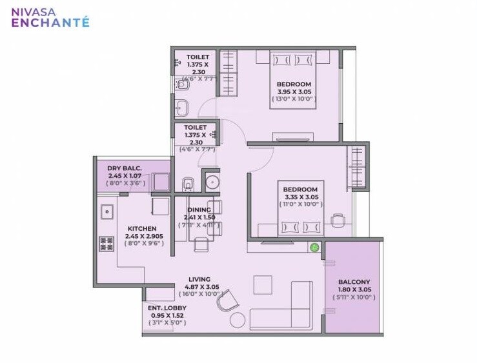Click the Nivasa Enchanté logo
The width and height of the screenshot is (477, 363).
click(x=50, y=17)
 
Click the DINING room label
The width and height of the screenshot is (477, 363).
click(x=199, y=210)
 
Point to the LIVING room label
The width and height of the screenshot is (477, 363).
click(x=199, y=279)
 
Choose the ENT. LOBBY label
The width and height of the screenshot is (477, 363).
click(x=167, y=308)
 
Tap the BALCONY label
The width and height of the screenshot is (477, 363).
click(x=354, y=282)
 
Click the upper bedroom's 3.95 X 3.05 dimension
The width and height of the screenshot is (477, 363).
click(x=294, y=92)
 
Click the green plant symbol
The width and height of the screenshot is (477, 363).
click(x=314, y=247)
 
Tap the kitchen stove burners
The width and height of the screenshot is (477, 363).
click(x=106, y=244)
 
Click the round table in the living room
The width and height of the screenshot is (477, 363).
click(x=238, y=320)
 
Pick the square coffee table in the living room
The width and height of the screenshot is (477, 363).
click(x=263, y=284)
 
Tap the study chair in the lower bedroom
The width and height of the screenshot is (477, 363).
click(x=338, y=221)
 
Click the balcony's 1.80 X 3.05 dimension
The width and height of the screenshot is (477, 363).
click(x=354, y=290)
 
